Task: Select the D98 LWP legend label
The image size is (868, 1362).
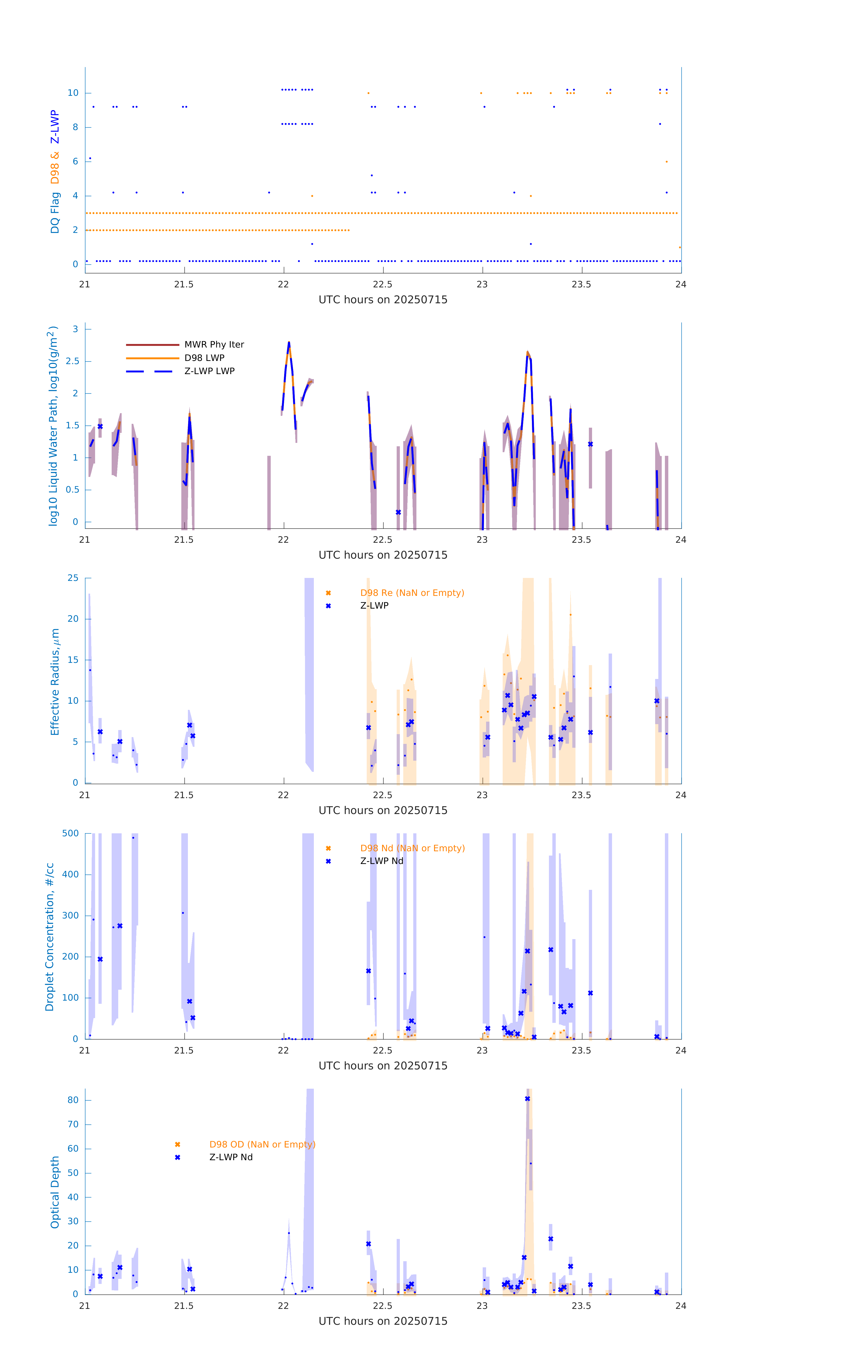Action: pos(204,358)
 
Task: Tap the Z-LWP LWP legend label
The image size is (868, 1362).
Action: pos(209,371)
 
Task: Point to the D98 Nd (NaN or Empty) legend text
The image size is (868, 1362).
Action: pos(412,849)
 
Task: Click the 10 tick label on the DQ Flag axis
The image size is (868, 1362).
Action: pos(73,93)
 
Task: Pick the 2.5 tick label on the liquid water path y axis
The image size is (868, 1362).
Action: pos(72,361)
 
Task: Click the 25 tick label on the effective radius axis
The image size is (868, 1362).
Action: pos(73,578)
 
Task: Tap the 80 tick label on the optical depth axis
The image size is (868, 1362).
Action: pos(73,1100)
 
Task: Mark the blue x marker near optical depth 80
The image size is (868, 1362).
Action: pos(528,1099)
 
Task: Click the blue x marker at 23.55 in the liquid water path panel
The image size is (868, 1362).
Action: pos(590,444)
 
